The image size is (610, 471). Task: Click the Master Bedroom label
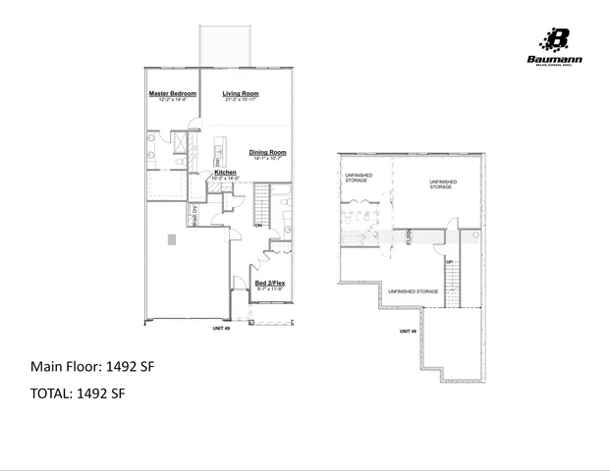click(x=173, y=93)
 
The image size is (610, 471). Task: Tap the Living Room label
click(x=240, y=93)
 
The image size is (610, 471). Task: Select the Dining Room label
click(x=266, y=152)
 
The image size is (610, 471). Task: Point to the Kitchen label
click(x=225, y=172)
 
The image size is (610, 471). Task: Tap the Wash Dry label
click(x=195, y=216)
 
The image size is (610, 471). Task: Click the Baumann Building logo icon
click(x=556, y=40)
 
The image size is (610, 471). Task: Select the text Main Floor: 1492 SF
click(x=92, y=367)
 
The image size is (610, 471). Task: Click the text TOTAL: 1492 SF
click(x=78, y=393)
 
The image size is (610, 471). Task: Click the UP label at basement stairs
click(x=449, y=262)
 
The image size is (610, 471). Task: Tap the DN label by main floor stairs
click(x=258, y=226)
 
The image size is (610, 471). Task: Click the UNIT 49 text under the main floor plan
click(x=220, y=329)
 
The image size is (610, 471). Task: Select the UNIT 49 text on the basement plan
click(x=408, y=332)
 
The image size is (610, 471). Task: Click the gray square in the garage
click(x=172, y=239)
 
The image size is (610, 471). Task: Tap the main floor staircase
click(x=262, y=205)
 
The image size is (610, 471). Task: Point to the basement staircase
click(x=453, y=286)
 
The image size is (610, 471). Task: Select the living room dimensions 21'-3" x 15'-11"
click(x=240, y=100)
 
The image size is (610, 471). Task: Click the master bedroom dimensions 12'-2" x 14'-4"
click(x=173, y=100)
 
